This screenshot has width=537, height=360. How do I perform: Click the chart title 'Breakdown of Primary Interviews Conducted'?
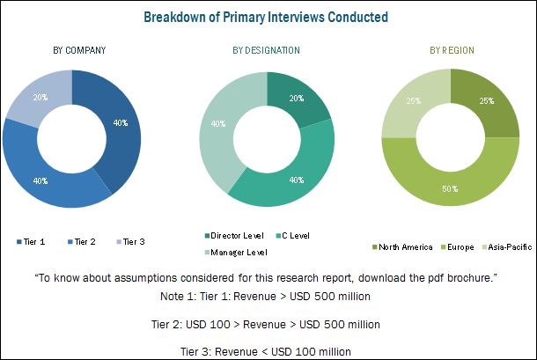point(268,17)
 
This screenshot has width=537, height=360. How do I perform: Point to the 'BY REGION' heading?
point(451,50)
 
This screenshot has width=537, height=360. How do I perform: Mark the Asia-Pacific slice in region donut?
point(412,103)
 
